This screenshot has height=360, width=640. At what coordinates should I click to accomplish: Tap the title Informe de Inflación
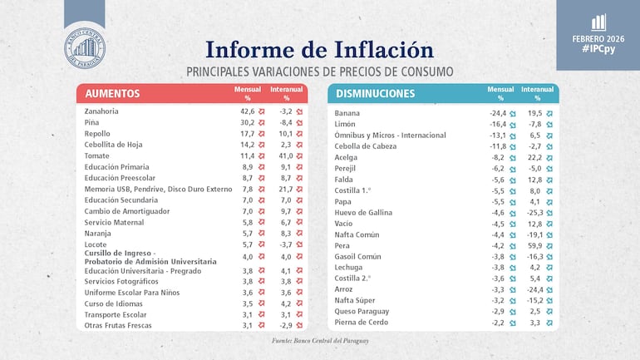319,50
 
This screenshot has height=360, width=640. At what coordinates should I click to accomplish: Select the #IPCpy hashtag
598,49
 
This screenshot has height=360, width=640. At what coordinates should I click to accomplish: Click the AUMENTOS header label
112,94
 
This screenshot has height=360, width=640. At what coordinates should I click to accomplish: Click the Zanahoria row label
101,111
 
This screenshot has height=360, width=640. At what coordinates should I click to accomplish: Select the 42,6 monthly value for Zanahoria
247,111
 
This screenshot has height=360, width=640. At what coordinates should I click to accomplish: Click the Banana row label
347,113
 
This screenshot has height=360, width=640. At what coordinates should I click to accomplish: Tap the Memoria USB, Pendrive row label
158,189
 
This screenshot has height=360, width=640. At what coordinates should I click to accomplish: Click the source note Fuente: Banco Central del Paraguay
320,341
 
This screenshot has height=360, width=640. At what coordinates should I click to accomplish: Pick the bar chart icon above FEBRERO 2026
598,22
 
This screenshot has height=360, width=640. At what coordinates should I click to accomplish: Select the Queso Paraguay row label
362,311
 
